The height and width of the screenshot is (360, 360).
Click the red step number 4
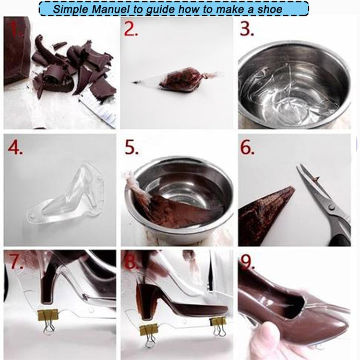coord(15,148)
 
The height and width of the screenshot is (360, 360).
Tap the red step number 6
coord(248,148)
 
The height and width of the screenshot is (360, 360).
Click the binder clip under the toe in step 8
coord(219,324)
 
